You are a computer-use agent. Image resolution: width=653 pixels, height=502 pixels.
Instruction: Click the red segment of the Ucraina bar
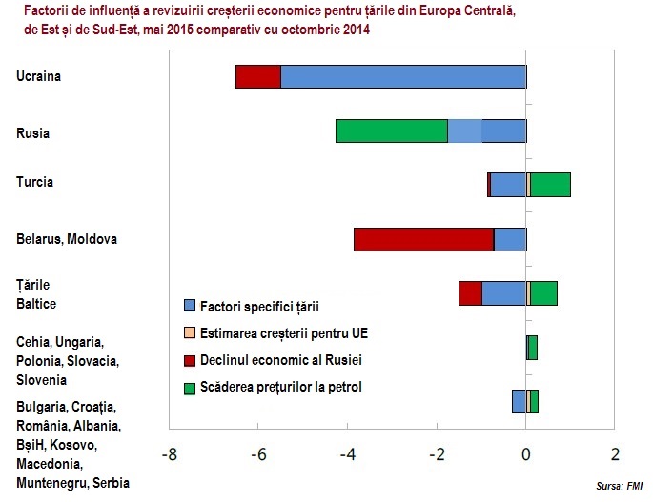click(x=257, y=77)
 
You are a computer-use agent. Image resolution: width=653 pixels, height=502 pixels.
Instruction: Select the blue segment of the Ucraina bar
click(x=403, y=77)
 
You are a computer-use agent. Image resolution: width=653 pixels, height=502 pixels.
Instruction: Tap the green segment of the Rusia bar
click(x=391, y=131)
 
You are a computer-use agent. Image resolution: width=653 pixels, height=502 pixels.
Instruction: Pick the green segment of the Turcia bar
click(x=551, y=185)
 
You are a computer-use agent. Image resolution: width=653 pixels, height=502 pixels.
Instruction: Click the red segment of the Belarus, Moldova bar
click(x=423, y=239)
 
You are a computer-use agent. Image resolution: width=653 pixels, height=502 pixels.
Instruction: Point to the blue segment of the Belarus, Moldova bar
click(x=510, y=239)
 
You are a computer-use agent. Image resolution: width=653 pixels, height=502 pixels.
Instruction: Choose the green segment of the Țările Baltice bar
click(x=544, y=293)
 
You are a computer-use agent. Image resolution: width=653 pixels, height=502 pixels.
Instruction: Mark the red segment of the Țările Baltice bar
click(x=470, y=293)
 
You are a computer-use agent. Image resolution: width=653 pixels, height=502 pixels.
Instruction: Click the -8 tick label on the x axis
click(x=169, y=454)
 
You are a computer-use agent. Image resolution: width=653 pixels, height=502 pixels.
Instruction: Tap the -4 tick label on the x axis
click(x=347, y=454)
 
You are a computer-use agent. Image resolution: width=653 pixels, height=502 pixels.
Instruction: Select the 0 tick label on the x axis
click(x=526, y=454)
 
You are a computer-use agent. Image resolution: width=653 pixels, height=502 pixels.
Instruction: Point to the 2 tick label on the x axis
click(x=615, y=454)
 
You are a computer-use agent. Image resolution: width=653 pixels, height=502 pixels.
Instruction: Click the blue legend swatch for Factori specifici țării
click(x=190, y=306)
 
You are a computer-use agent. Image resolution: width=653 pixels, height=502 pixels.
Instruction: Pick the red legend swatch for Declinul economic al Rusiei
click(x=190, y=360)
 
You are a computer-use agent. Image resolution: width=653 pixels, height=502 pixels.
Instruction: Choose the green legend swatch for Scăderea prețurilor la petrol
click(x=190, y=388)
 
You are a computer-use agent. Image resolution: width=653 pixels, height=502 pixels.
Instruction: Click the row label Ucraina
click(x=39, y=76)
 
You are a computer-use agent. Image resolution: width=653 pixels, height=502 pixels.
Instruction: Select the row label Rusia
click(x=33, y=133)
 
